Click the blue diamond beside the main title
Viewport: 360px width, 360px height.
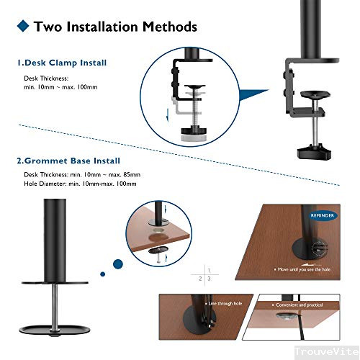click(22, 27)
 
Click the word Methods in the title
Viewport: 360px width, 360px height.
click(161, 27)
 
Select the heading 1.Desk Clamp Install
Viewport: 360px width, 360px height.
click(62, 63)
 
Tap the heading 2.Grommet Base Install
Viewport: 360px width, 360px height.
click(68, 161)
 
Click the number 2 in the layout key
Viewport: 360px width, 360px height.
click(199, 277)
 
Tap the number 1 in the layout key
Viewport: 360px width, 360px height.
click(207, 268)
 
